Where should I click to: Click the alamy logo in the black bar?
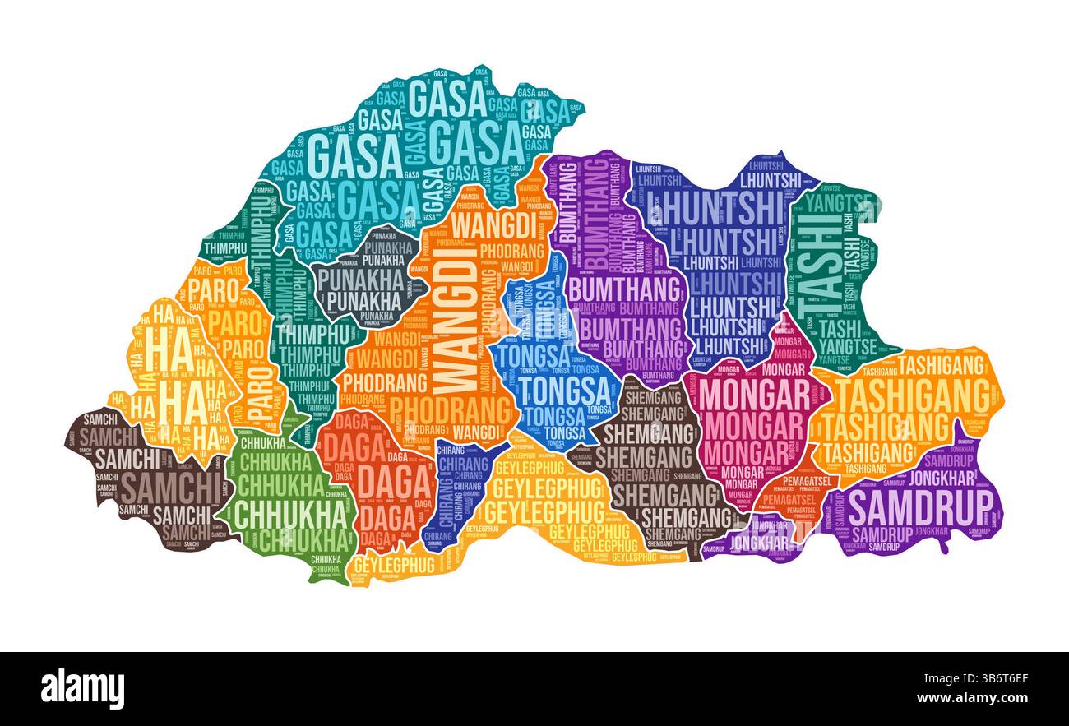(x=82, y=689)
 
